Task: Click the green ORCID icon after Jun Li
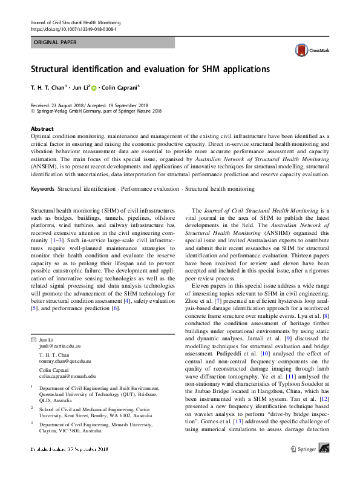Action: [94, 88]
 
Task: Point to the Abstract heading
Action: [42, 129]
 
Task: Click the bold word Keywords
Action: [43, 189]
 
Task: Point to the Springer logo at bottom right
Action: [312, 465]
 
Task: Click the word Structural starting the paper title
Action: [56, 68]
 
